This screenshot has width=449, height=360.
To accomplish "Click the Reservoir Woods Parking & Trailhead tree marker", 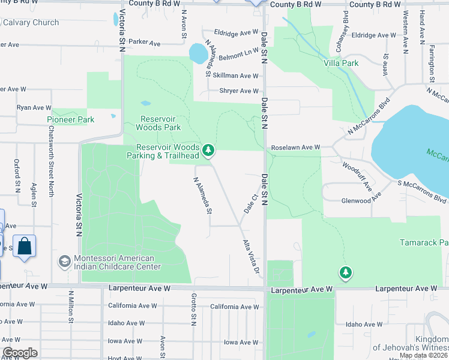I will (208, 150).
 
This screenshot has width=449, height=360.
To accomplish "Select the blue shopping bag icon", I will (25, 247).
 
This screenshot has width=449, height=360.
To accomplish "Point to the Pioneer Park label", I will (71, 119).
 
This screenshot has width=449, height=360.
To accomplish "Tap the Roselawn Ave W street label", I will (296, 147).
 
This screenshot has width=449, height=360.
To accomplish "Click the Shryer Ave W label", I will (239, 91).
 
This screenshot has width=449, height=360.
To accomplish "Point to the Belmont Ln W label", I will (238, 53).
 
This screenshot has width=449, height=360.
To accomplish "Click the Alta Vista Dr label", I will (252, 259).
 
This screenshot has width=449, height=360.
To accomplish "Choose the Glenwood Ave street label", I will (361, 201).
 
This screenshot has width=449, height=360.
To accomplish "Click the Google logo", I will (20, 352).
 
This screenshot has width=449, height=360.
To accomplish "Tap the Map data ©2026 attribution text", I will (423, 355).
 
